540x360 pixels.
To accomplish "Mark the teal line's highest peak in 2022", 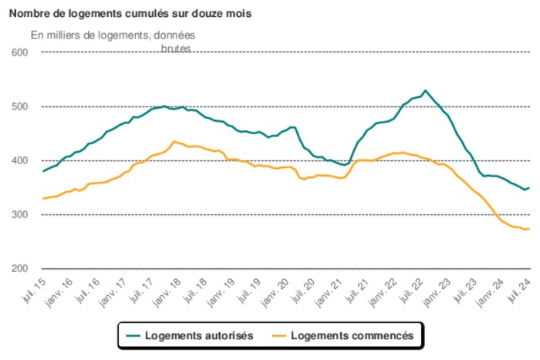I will tap(425, 90).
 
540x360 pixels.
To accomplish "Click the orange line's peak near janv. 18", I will tap(174, 141).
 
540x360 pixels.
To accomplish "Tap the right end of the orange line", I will tap(528, 228).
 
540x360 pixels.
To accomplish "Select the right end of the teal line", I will tap(528, 187).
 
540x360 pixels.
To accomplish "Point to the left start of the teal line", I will tap(43, 171).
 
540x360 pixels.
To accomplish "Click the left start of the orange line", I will tap(43, 199).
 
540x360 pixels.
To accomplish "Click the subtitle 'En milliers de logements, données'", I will tap(113, 35).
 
